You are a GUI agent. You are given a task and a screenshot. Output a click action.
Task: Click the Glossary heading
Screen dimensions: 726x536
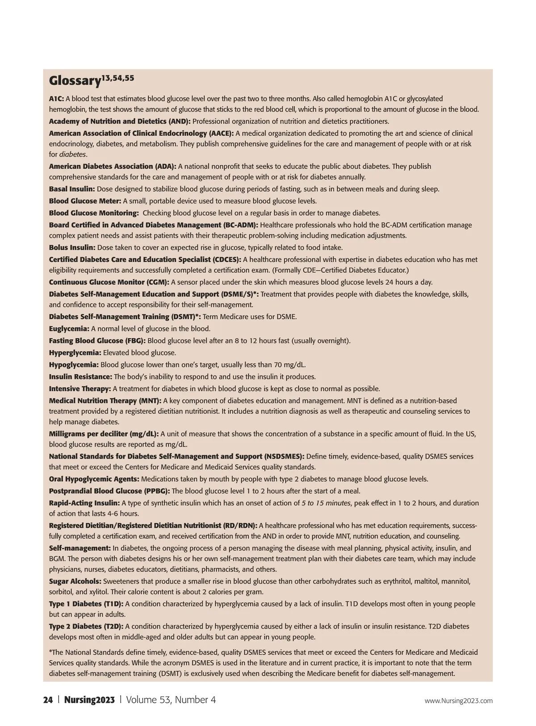click(x=75, y=81)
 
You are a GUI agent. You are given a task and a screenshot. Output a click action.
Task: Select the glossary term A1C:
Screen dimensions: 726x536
click(x=56, y=98)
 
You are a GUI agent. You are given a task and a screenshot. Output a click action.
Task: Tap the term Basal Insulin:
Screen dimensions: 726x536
click(x=72, y=189)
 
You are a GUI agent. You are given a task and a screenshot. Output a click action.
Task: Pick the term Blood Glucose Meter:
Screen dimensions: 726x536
click(x=85, y=201)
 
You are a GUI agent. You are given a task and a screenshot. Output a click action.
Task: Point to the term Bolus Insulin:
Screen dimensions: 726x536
click(x=72, y=247)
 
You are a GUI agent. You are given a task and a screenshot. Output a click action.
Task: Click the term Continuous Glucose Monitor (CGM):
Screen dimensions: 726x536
click(x=109, y=282)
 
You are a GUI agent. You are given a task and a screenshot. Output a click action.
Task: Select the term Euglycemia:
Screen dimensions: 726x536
click(x=69, y=329)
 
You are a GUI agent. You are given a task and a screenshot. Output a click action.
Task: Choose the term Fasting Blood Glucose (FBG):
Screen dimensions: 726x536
click(x=97, y=341)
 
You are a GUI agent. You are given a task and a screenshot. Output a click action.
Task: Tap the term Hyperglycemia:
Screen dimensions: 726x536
click(x=75, y=353)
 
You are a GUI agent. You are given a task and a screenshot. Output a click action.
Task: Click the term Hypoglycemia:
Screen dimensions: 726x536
click(x=74, y=364)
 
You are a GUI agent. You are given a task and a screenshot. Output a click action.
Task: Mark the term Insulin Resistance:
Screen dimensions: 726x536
click(x=80, y=376)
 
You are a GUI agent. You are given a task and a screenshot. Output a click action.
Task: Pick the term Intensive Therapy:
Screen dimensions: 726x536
click(x=80, y=388)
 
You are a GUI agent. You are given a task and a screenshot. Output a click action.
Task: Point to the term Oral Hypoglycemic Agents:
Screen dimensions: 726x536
click(x=94, y=479)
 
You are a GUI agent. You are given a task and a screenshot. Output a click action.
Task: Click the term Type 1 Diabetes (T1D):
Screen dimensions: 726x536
click(x=86, y=604)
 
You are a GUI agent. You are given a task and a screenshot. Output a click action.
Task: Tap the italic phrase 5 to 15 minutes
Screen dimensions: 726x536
click(x=326, y=503)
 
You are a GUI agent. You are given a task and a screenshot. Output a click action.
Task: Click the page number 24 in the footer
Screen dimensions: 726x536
click(x=48, y=700)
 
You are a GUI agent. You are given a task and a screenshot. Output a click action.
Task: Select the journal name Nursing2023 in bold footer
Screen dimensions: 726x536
click(x=89, y=700)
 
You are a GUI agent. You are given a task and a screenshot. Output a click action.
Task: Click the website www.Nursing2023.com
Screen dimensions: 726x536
click(x=458, y=701)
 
